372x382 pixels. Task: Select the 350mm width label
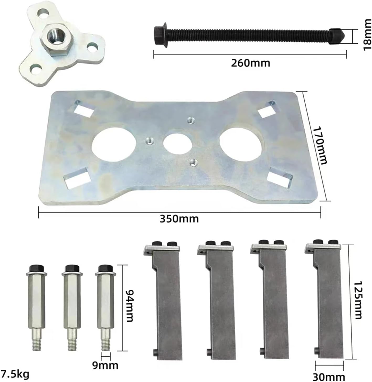(179, 218)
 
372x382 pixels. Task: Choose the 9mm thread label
(105, 365)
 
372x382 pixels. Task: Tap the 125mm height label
(358, 300)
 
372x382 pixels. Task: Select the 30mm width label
(329, 377)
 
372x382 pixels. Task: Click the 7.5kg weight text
(15, 374)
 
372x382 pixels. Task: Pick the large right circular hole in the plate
(241, 142)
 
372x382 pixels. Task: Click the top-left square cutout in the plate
(84, 108)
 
